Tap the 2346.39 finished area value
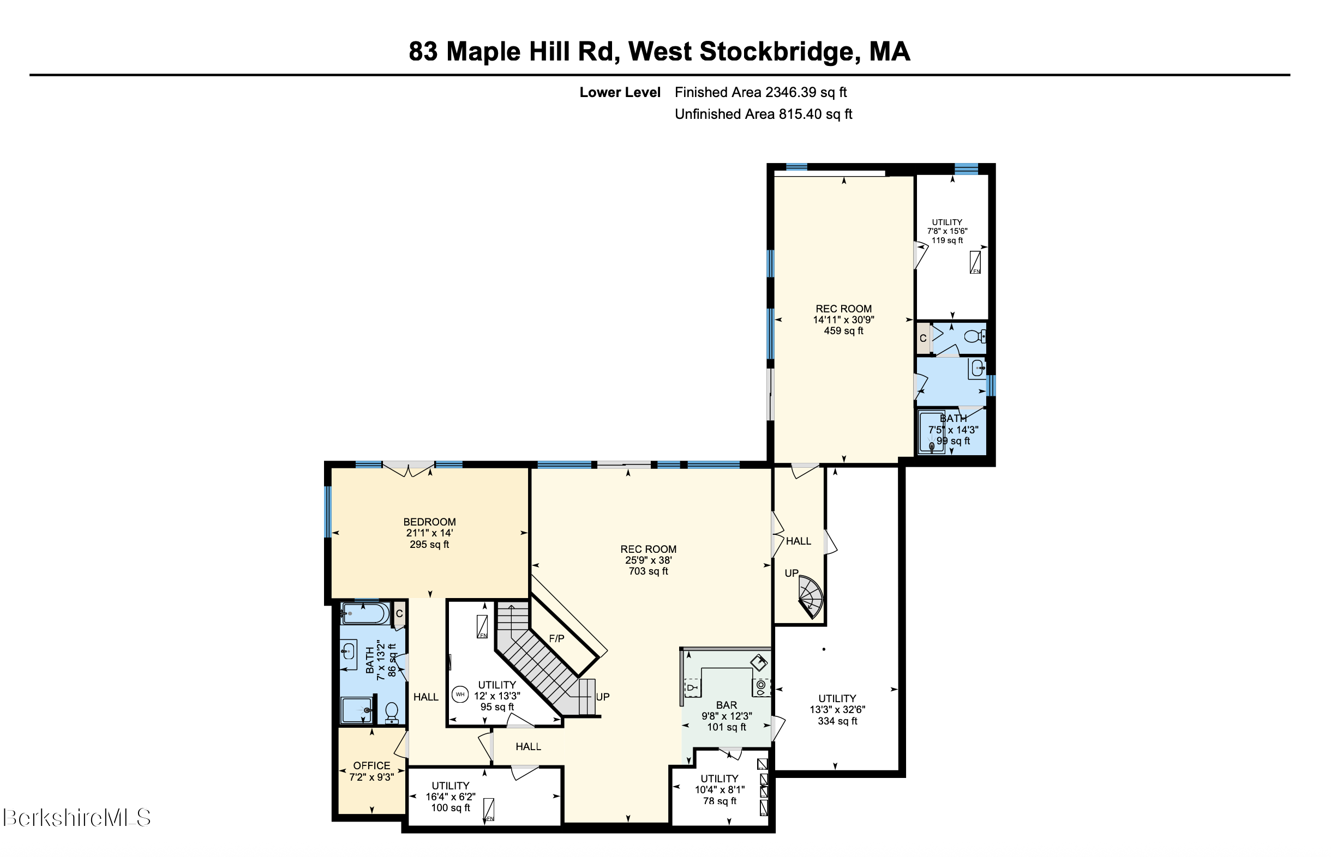pos(790,92)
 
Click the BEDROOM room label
pos(429,522)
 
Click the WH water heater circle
pos(460,695)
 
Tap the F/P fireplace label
pos(556,639)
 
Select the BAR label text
pos(727,705)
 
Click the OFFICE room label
pos(371,766)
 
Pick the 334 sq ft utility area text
pos(837,721)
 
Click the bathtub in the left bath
pos(365,614)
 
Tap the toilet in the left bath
pos(392,712)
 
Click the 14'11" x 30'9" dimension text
pos(843,320)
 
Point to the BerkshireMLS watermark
pos(76,818)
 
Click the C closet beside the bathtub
pos(399,614)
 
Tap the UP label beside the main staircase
pos(602,697)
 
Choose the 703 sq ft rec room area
pos(648,571)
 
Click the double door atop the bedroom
pos(409,469)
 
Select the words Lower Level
pos(620,92)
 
